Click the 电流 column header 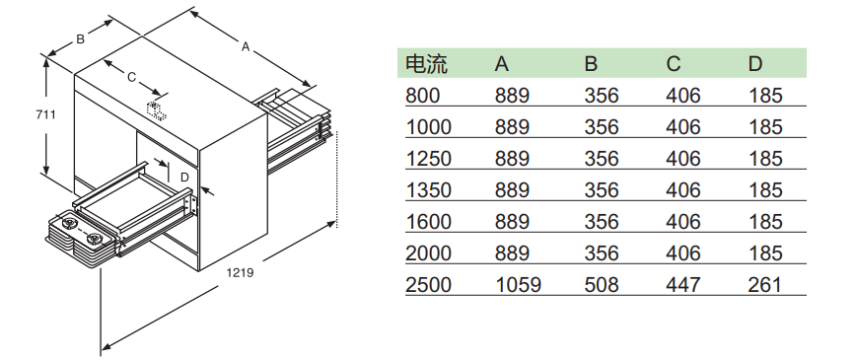click(426, 64)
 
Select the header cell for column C click(674, 64)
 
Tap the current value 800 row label click(422, 96)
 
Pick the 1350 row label click(428, 190)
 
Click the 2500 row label click(428, 285)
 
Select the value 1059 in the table click(518, 285)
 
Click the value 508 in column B click(602, 285)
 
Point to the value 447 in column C click(683, 285)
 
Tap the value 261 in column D click(764, 285)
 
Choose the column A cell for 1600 click(512, 222)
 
